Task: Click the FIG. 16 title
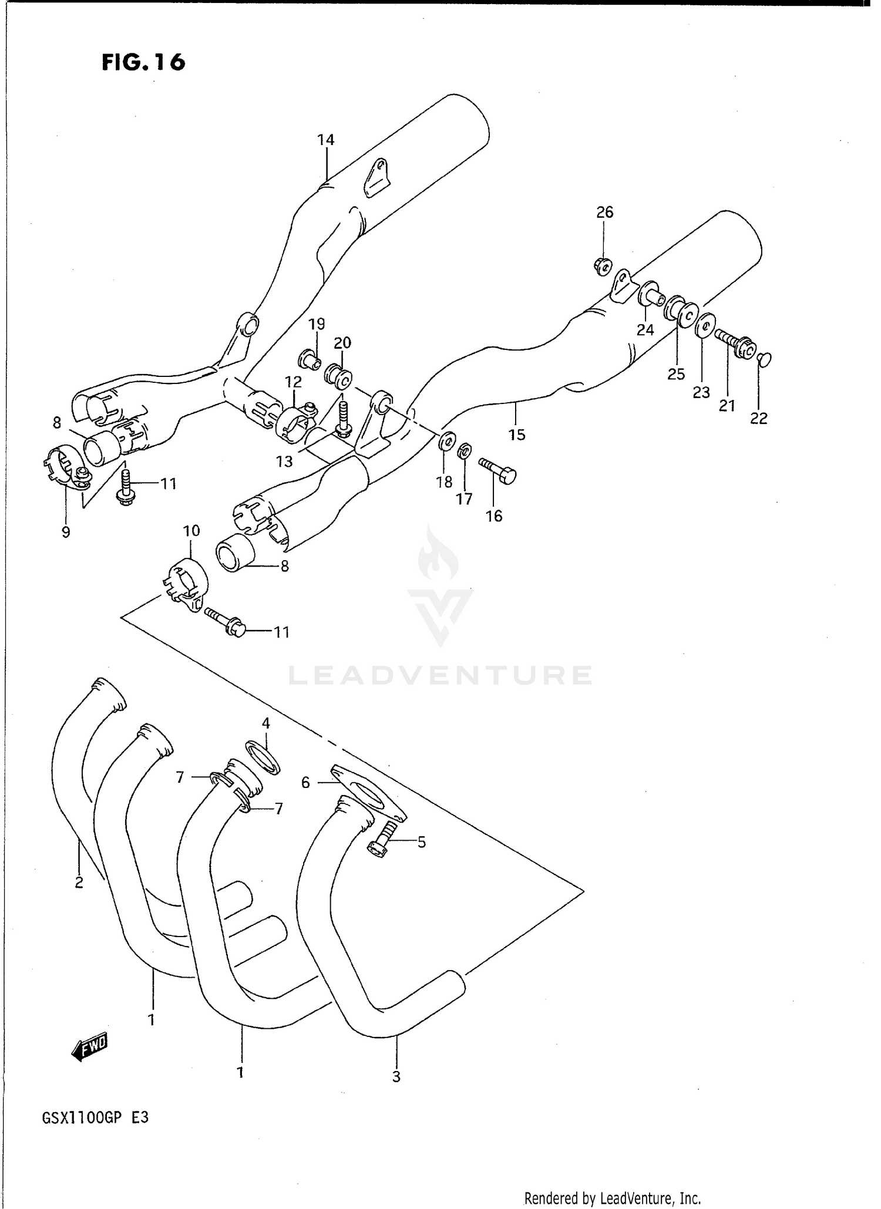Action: coord(143,62)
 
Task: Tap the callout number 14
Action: coord(325,140)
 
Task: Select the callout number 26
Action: coord(604,212)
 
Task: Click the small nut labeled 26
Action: coord(603,266)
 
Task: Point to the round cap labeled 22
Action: coord(764,358)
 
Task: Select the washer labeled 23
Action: coord(705,325)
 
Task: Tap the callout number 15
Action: coord(517,435)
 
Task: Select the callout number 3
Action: coord(396,1076)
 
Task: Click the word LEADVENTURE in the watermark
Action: coord(440,675)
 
